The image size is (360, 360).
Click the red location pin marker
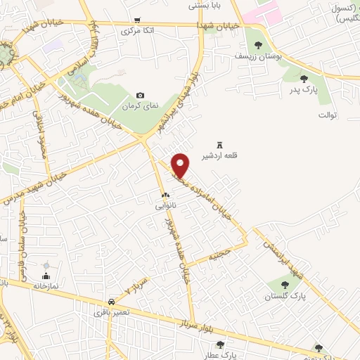click(181, 165)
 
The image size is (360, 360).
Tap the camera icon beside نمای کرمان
click(140, 96)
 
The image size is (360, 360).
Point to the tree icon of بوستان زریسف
click(258, 45)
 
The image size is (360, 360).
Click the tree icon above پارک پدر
click(304, 79)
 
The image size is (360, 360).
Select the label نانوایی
click(166, 206)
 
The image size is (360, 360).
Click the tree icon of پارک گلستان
click(285, 285)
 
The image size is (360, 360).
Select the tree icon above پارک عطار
click(221, 345)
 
